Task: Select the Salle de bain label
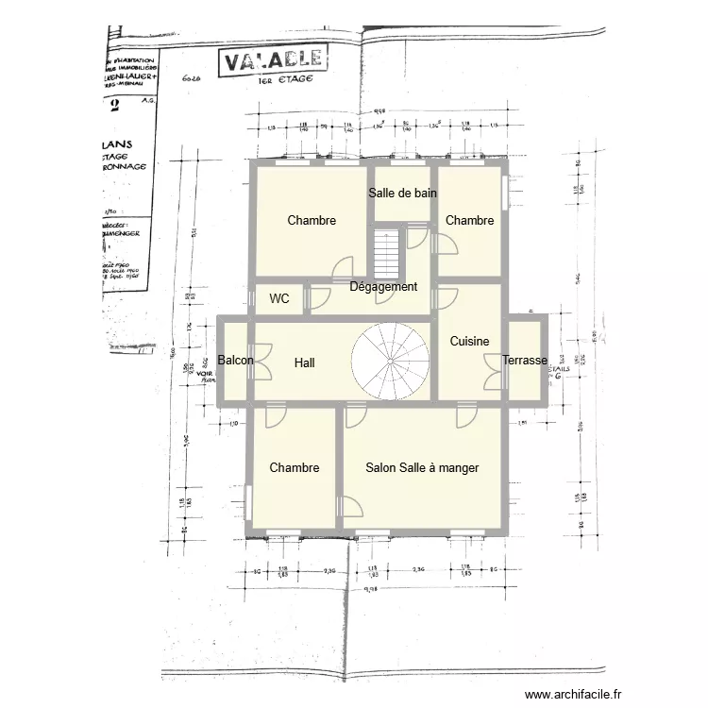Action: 402,194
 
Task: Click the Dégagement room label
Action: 383,287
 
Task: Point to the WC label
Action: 279,299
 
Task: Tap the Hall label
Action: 304,362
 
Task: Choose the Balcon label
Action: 235,361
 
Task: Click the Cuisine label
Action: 469,341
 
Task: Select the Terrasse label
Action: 525,361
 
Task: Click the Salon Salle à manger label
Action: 422,467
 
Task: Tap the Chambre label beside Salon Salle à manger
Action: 294,468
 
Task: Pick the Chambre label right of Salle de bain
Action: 469,220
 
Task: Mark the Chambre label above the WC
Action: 312,221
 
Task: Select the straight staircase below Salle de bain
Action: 388,252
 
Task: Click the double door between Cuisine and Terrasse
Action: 493,371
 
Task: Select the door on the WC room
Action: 314,299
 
